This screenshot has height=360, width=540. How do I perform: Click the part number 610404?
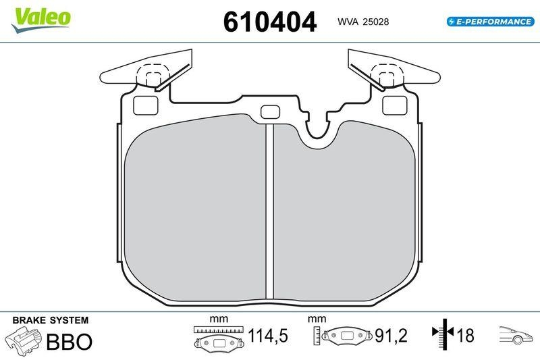[x=269, y=22]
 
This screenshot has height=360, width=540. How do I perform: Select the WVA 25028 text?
[x=362, y=22]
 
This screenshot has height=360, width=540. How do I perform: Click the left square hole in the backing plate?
[x=145, y=105]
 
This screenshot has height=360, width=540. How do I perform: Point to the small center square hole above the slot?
[x=269, y=113]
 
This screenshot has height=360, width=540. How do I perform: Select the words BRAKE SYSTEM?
[x=51, y=319]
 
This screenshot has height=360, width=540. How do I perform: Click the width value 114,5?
[x=269, y=336]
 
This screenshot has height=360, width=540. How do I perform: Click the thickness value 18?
[x=466, y=336]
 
